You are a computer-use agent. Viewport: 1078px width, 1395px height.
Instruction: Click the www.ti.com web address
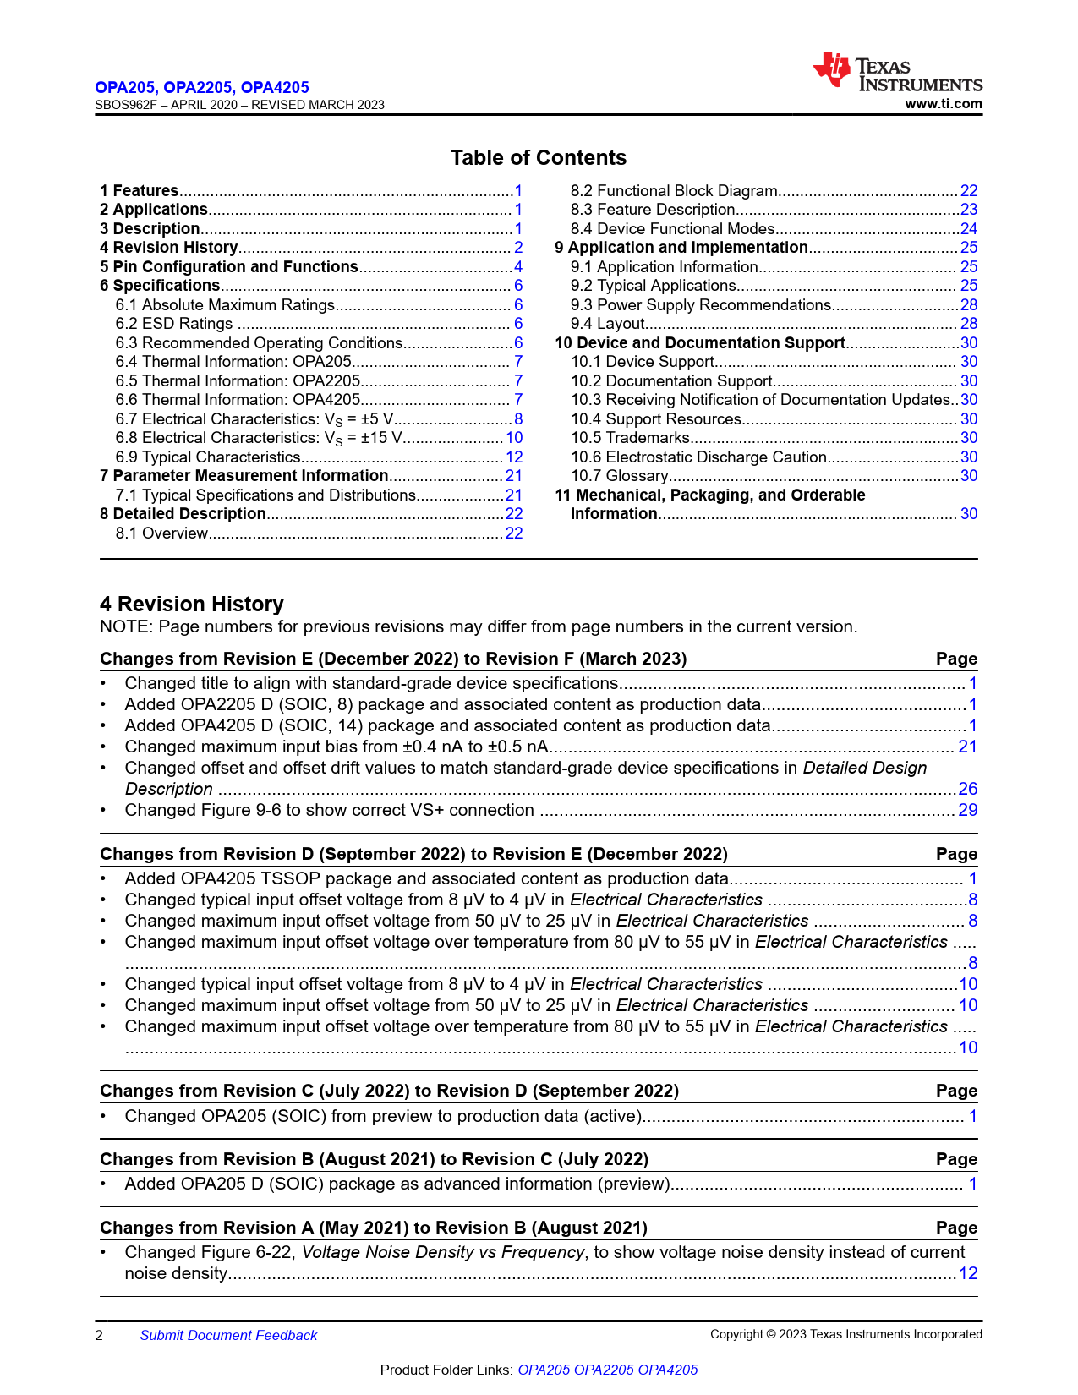(943, 104)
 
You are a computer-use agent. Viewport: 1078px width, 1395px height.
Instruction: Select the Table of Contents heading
(538, 158)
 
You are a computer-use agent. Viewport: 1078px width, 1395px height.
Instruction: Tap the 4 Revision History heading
(191, 604)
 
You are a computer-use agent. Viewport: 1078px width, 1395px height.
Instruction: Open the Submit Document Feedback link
(228, 1335)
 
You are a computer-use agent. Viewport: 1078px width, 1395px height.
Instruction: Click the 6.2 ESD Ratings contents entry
(173, 324)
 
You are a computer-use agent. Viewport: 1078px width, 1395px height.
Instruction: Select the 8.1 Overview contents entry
(161, 533)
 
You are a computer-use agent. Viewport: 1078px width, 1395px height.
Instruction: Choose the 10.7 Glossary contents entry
(619, 476)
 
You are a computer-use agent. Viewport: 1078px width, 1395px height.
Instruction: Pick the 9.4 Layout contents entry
(607, 324)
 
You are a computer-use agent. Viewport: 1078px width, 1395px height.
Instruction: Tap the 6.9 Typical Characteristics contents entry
(207, 457)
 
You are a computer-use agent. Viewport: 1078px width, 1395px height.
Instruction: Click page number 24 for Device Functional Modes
(968, 229)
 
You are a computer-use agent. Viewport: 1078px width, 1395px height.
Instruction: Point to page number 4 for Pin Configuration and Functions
(518, 267)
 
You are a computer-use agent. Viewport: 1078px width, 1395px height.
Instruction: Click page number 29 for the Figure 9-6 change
(968, 810)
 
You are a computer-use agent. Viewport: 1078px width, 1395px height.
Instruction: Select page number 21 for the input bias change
(968, 747)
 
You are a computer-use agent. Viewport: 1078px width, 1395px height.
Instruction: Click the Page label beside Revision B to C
(956, 1159)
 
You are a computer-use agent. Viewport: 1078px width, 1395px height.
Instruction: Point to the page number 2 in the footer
(99, 1335)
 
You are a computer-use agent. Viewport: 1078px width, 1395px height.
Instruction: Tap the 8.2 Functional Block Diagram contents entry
(673, 191)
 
